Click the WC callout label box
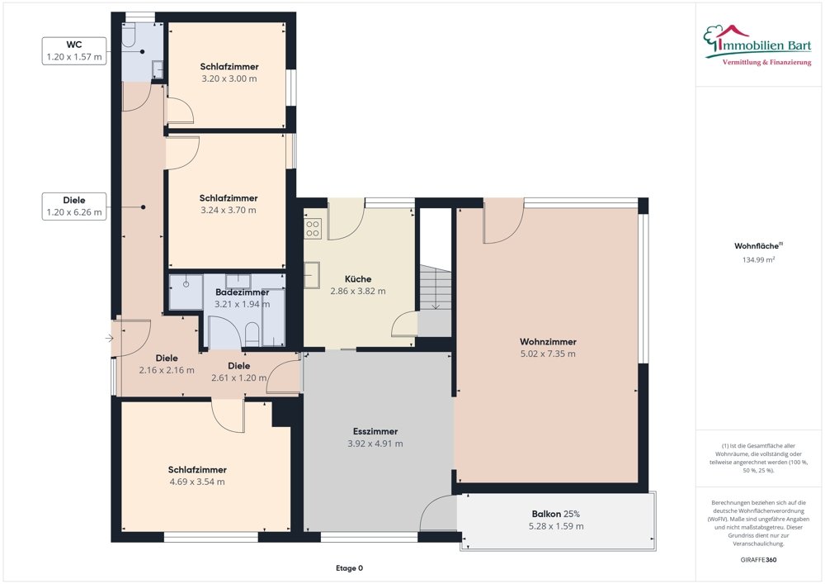[75, 51]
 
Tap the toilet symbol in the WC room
[129, 34]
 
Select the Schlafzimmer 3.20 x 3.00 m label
[229, 73]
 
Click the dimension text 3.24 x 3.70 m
[229, 210]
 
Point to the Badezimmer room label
[242, 292]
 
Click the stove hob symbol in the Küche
[313, 228]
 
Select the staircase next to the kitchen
[435, 289]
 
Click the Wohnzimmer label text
[548, 342]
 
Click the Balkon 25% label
[556, 520]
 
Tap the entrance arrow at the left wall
[110, 338]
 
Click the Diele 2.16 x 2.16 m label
[167, 364]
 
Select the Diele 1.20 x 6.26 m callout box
[74, 206]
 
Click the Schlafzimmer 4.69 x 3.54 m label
[197, 476]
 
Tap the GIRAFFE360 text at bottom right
[759, 560]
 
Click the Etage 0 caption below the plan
[349, 568]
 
